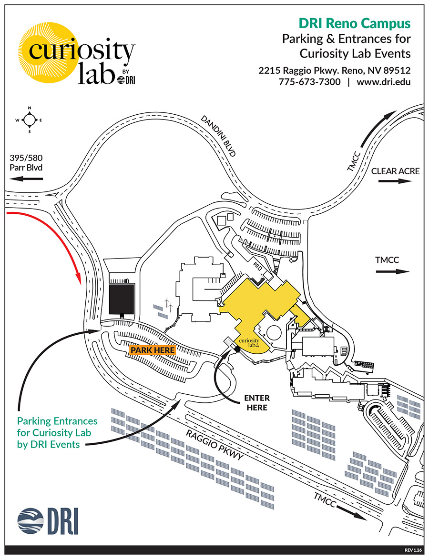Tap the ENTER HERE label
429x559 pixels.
click(x=256, y=402)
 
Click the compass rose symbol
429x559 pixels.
click(x=29, y=120)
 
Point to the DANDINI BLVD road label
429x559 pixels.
click(x=219, y=136)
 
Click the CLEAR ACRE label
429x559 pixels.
click(x=395, y=171)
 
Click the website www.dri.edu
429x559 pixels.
click(x=383, y=81)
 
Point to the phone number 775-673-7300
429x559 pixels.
click(x=309, y=81)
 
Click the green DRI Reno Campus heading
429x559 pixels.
click(x=354, y=23)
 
